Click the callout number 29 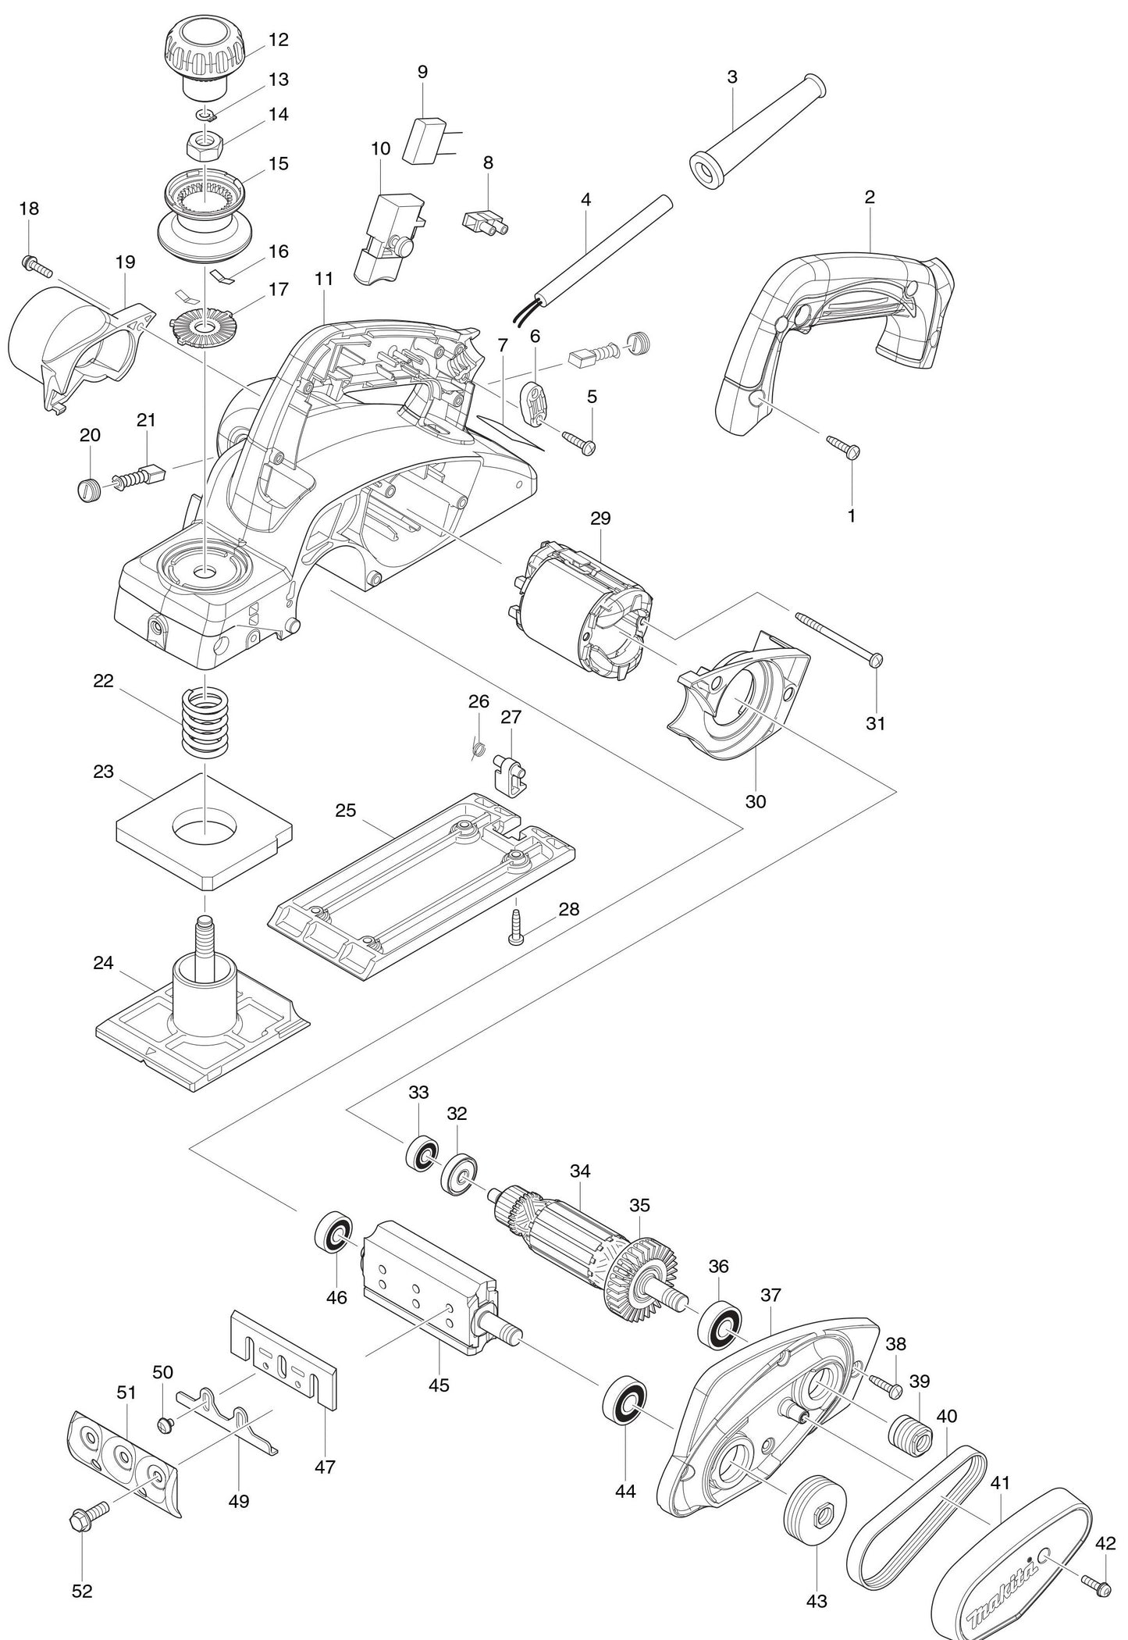[x=600, y=518]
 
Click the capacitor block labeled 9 [x=425, y=140]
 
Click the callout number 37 [x=770, y=1295]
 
